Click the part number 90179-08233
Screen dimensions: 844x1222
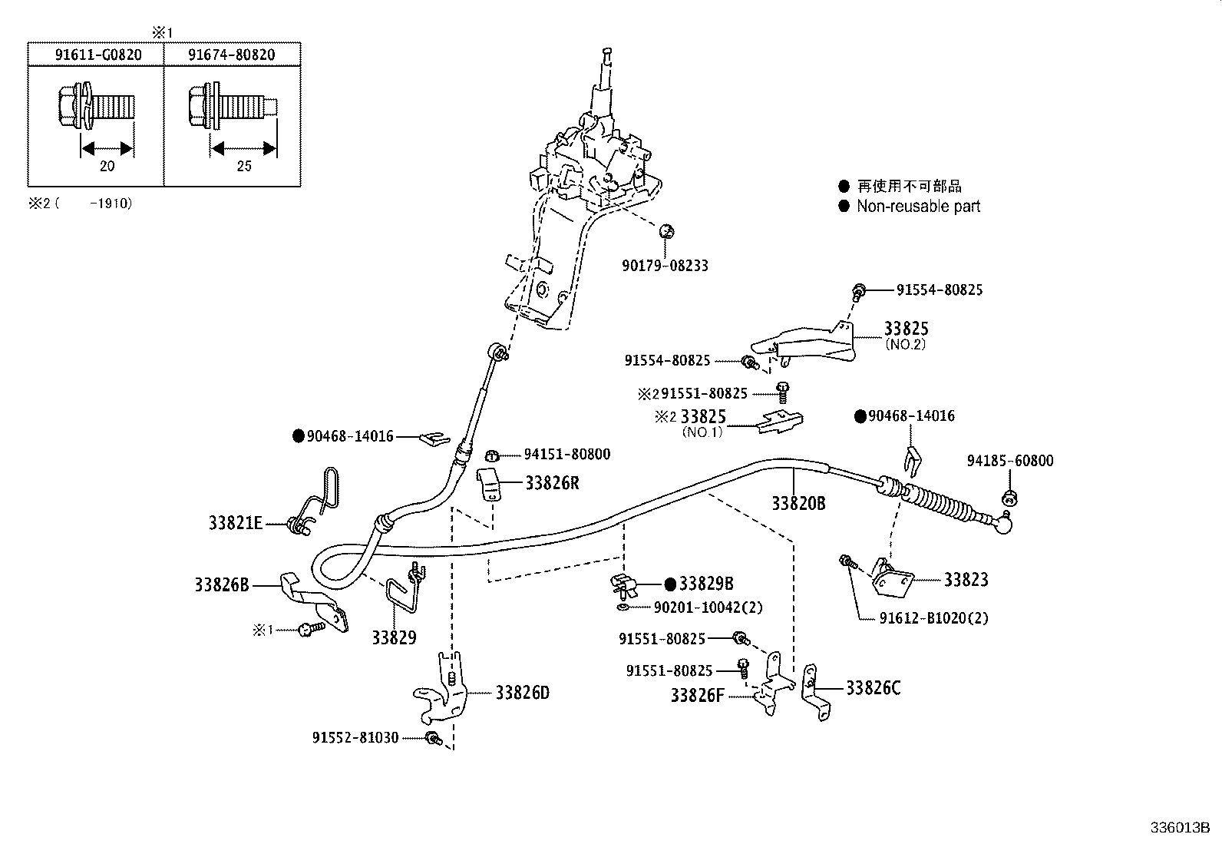click(x=665, y=266)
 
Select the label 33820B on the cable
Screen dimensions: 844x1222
click(x=798, y=503)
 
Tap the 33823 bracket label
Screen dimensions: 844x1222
click(x=966, y=580)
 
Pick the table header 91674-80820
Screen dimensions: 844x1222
click(x=232, y=55)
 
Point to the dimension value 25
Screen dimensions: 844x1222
click(x=243, y=166)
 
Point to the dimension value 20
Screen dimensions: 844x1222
click(x=107, y=166)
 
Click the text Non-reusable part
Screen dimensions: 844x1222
click(x=918, y=206)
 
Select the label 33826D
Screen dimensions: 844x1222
click(x=522, y=693)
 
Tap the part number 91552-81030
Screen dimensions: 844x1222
click(x=355, y=737)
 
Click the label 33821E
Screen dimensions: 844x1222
click(x=236, y=523)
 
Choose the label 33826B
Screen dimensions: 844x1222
click(x=222, y=585)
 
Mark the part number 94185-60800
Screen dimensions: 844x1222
click(x=1009, y=461)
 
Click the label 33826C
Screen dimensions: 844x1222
click(x=873, y=687)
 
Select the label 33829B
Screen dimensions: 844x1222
click(x=705, y=584)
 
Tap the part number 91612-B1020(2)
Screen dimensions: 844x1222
click(x=933, y=618)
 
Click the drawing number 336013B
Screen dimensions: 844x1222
click(x=1179, y=828)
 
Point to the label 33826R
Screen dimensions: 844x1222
click(x=552, y=482)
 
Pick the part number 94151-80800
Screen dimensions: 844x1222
click(x=566, y=455)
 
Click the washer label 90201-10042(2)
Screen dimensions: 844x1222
click(x=708, y=607)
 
